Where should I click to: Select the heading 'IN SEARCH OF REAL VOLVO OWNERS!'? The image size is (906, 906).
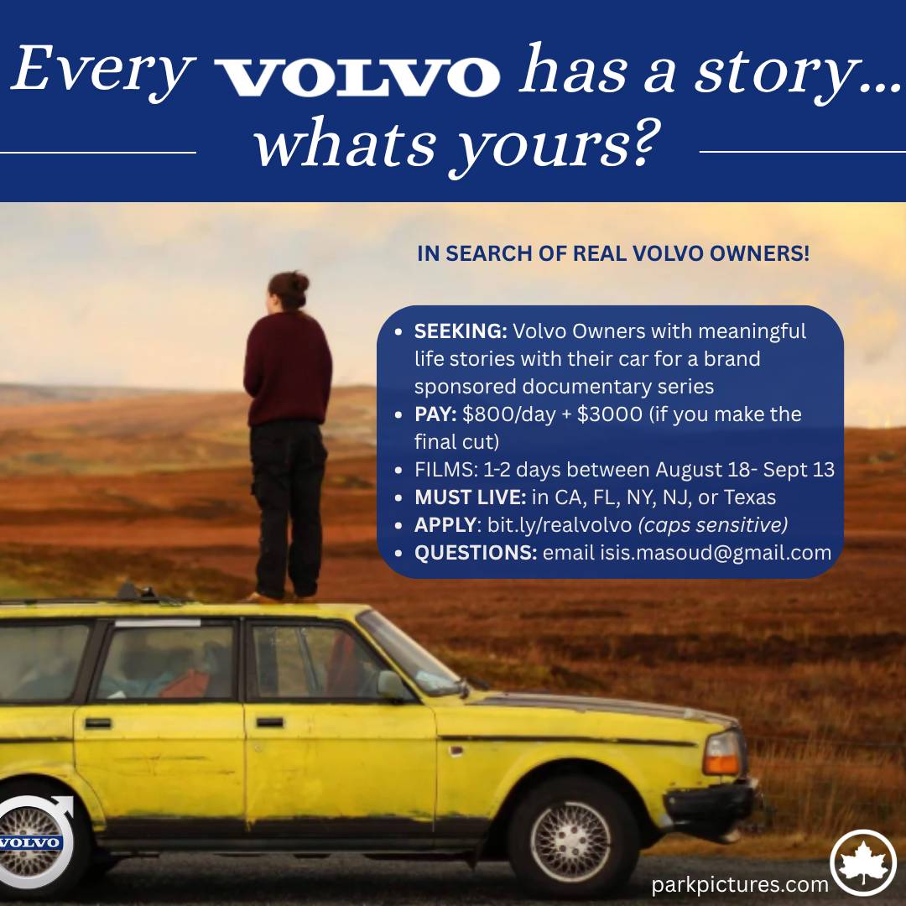click(x=613, y=253)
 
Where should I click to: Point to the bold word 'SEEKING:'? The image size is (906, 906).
click(x=461, y=331)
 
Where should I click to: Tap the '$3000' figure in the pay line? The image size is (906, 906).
click(x=610, y=414)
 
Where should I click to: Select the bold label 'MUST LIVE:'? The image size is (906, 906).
click(x=470, y=497)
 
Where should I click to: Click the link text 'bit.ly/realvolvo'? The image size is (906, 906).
click(x=560, y=525)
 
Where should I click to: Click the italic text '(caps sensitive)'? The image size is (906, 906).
click(x=712, y=525)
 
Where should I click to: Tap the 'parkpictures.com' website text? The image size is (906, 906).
click(x=740, y=885)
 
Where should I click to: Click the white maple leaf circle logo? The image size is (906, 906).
click(x=863, y=863)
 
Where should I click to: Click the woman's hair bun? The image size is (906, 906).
click(x=296, y=283)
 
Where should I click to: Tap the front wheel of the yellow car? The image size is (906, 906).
click(x=570, y=840)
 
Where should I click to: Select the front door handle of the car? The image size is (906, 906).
click(x=270, y=722)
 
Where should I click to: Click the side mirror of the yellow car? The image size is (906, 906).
click(x=392, y=686)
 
